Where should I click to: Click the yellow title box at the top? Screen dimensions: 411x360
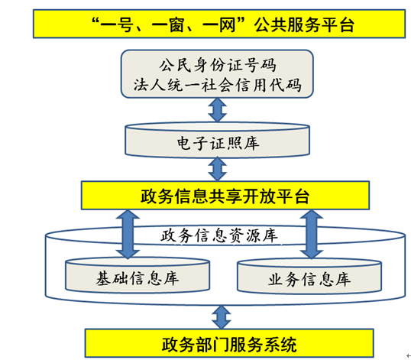pyautogui.click(x=219, y=24)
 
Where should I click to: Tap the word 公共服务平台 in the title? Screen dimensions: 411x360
pyautogui.click(x=304, y=25)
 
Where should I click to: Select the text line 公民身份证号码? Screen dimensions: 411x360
pyautogui.click(x=217, y=65)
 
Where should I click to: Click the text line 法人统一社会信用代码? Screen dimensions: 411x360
pyautogui.click(x=217, y=85)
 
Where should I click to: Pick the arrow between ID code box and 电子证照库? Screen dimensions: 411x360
pyautogui.click(x=217, y=110)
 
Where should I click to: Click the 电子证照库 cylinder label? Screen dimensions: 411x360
pyautogui.click(x=218, y=143)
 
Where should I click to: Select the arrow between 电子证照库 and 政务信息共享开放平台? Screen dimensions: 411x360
pyautogui.click(x=217, y=169)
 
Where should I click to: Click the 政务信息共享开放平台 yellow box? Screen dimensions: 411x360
pyautogui.click(x=225, y=196)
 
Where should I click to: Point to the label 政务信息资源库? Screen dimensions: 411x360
pyautogui.click(x=219, y=235)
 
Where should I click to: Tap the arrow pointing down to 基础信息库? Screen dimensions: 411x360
pyautogui.click(x=128, y=234)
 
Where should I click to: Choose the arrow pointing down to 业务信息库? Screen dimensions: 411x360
pyautogui.click(x=312, y=234)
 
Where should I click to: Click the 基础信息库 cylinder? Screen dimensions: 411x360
pyautogui.click(x=138, y=275)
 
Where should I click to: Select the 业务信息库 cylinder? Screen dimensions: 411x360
pyautogui.click(x=309, y=276)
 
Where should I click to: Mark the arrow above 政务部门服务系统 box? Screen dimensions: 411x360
pyautogui.click(x=222, y=317)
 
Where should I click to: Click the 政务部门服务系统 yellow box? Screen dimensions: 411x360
pyautogui.click(x=229, y=343)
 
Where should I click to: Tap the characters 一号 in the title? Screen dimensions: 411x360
pyautogui.click(x=115, y=25)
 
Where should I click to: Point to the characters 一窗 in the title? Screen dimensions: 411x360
pyautogui.click(x=167, y=25)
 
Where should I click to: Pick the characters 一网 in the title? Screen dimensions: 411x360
pyautogui.click(x=219, y=25)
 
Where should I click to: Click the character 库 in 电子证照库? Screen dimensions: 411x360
pyautogui.click(x=251, y=143)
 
